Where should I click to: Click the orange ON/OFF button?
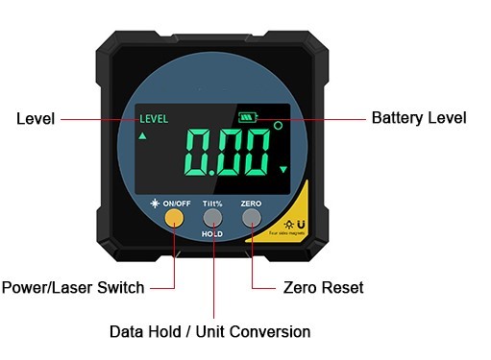tap(174, 218)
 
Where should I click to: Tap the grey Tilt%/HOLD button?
tap(212, 218)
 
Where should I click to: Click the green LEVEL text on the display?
tap(154, 120)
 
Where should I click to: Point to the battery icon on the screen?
tap(251, 117)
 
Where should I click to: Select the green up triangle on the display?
tap(144, 137)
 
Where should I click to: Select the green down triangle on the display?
tap(283, 170)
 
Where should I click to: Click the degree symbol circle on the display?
tap(279, 126)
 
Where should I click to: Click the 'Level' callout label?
tap(35, 119)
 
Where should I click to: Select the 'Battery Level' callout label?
tap(418, 118)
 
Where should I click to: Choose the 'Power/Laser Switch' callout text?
tap(73, 287)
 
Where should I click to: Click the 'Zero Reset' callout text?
tap(324, 287)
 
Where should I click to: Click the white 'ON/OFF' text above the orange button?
tap(177, 204)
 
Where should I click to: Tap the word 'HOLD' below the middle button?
tap(212, 234)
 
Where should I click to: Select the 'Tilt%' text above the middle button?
tap(212, 204)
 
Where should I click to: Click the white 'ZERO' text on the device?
tap(251, 204)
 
